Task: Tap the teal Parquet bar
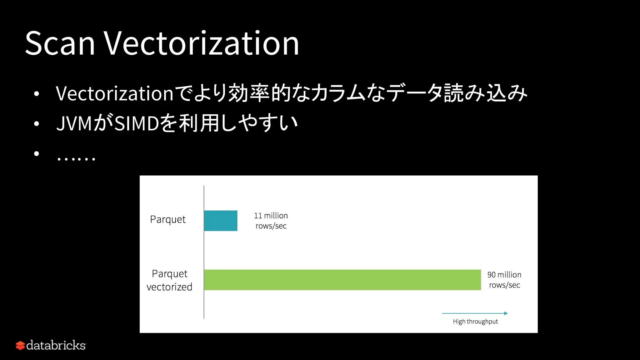click(221, 221)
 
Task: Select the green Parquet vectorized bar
click(342, 280)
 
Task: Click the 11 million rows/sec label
click(271, 221)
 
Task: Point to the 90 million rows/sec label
click(504, 280)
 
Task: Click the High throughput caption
click(475, 322)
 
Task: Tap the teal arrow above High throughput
click(475, 313)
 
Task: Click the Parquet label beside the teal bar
click(168, 219)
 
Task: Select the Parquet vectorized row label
click(169, 280)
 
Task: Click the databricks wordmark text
click(56, 345)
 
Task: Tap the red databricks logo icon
click(20, 346)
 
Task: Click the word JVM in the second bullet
click(74, 123)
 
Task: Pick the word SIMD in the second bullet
click(137, 123)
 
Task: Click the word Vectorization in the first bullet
click(114, 93)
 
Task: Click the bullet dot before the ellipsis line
click(37, 153)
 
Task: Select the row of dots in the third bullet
click(76, 159)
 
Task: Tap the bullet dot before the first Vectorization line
click(37, 94)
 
